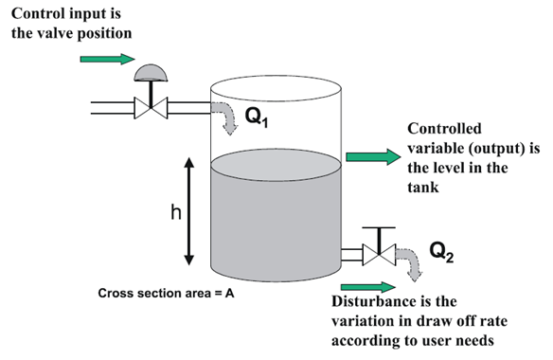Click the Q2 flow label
coord(443,251)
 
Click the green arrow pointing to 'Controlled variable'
coord(374,156)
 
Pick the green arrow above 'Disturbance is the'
coord(366,287)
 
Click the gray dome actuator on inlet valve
coord(150,74)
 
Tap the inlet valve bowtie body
coord(150,105)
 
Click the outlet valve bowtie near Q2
coord(380,254)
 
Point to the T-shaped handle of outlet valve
coord(380,231)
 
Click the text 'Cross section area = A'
coord(166,293)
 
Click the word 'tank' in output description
coord(423,188)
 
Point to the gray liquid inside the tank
coord(275,218)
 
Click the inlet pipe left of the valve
coord(109,106)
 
